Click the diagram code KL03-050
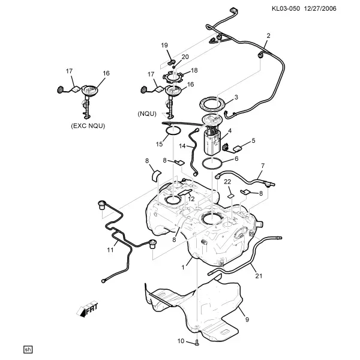[286, 9]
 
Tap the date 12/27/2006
[320, 9]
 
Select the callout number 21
[259, 276]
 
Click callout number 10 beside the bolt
[181, 341]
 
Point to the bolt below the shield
[197, 343]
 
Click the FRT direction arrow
[87, 309]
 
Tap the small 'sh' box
[28, 349]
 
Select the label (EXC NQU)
[88, 126]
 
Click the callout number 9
[247, 319]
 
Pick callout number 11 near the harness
[110, 250]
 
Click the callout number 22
[227, 182]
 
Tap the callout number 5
[253, 140]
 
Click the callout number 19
[164, 45]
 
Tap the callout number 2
[268, 35]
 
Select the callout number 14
[182, 146]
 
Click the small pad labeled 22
[231, 196]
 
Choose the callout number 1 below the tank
[183, 268]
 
